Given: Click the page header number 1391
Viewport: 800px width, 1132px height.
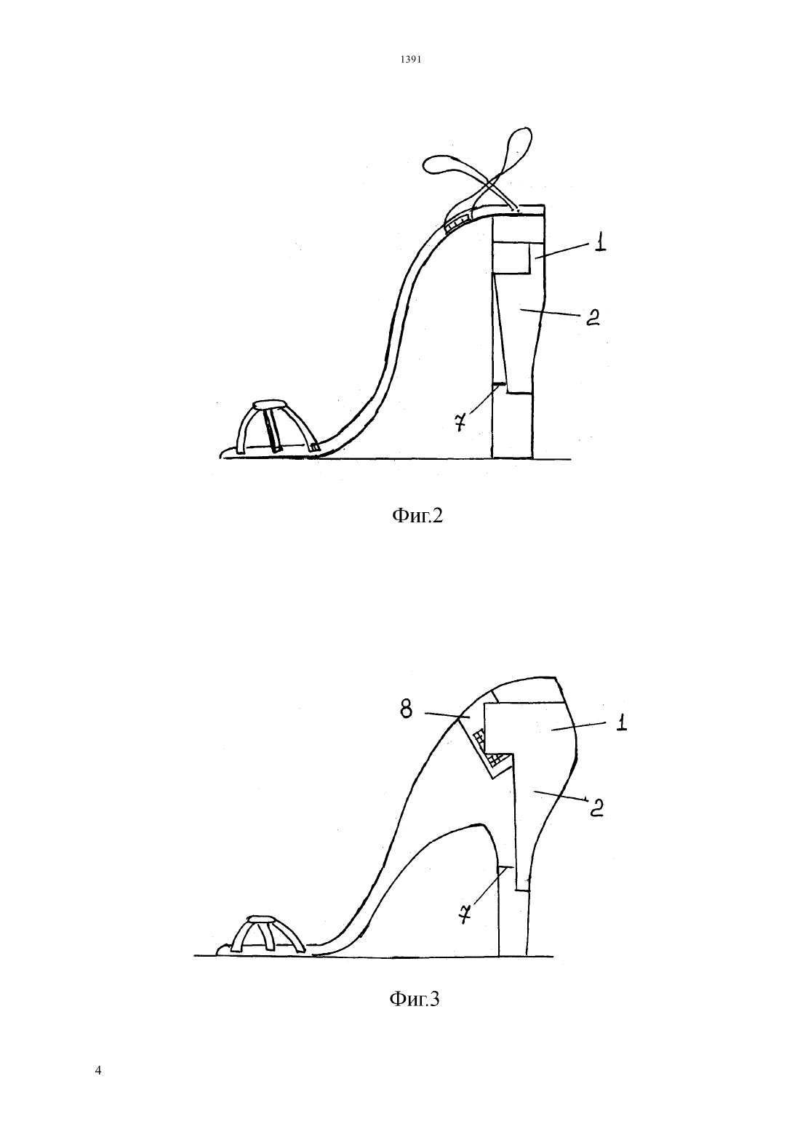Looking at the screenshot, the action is (x=411, y=60).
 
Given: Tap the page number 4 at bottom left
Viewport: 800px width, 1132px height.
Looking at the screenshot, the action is (x=98, y=1070).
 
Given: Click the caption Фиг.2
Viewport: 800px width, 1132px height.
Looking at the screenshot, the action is (x=417, y=516).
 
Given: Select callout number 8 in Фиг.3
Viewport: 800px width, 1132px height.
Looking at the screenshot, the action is (x=406, y=709).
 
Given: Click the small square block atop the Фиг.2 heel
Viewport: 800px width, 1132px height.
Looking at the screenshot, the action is (x=510, y=257).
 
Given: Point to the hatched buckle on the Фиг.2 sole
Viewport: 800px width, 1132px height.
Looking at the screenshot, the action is (x=457, y=220).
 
